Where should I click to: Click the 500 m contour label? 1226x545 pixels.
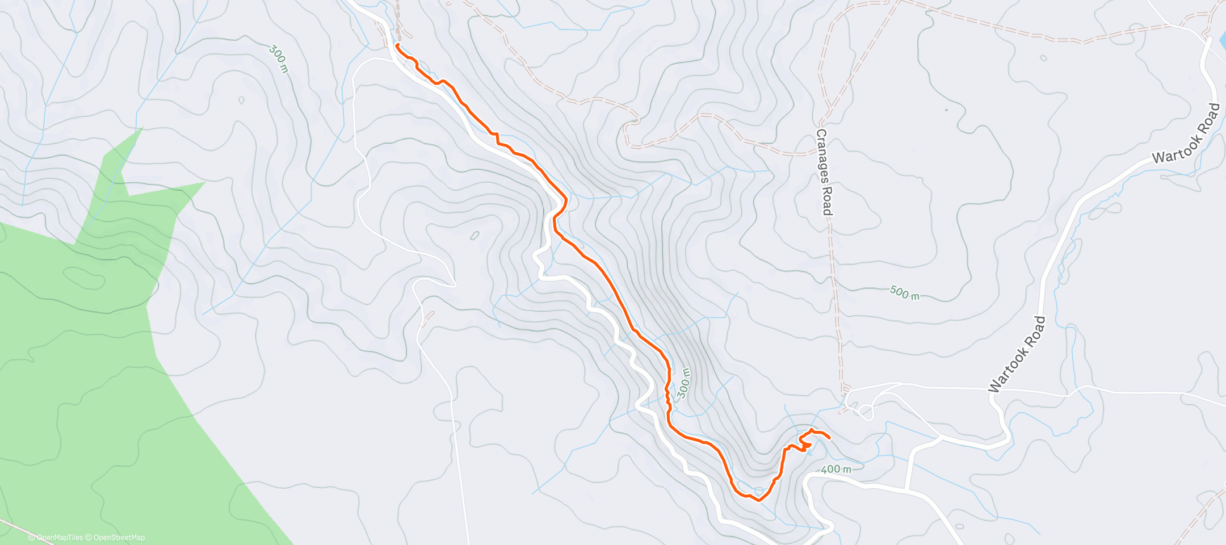click(904, 293)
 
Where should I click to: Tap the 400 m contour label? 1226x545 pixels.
click(836, 469)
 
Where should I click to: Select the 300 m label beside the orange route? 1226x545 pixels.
click(684, 383)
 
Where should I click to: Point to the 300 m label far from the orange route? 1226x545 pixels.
click(279, 59)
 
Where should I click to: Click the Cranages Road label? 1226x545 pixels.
click(824, 172)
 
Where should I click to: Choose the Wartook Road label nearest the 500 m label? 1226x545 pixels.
click(1017, 354)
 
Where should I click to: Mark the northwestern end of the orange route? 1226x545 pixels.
click(397, 44)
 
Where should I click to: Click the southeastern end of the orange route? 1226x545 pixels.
click(830, 438)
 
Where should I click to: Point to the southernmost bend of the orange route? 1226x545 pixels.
click(758, 500)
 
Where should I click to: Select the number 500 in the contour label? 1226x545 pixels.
click(899, 292)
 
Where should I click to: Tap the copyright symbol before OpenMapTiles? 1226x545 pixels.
click(32, 538)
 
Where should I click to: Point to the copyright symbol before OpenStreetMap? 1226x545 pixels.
click(89, 538)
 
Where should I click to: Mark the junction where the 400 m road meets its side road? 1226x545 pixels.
click(906, 489)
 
